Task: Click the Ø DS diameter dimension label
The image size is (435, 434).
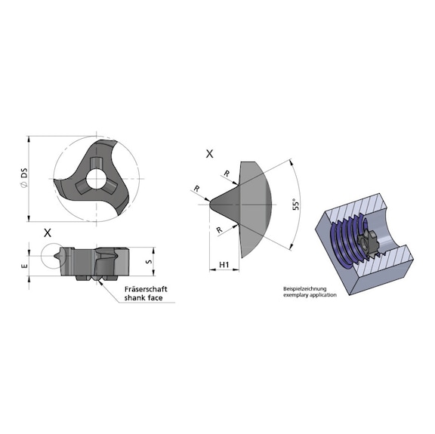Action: (24, 180)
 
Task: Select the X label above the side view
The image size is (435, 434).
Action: (48, 232)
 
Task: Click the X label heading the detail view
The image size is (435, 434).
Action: (209, 153)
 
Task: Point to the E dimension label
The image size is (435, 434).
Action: (24, 266)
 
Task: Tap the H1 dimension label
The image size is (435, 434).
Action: (224, 264)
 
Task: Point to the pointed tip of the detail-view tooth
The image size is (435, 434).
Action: (209, 202)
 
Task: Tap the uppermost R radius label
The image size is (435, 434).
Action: (226, 174)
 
